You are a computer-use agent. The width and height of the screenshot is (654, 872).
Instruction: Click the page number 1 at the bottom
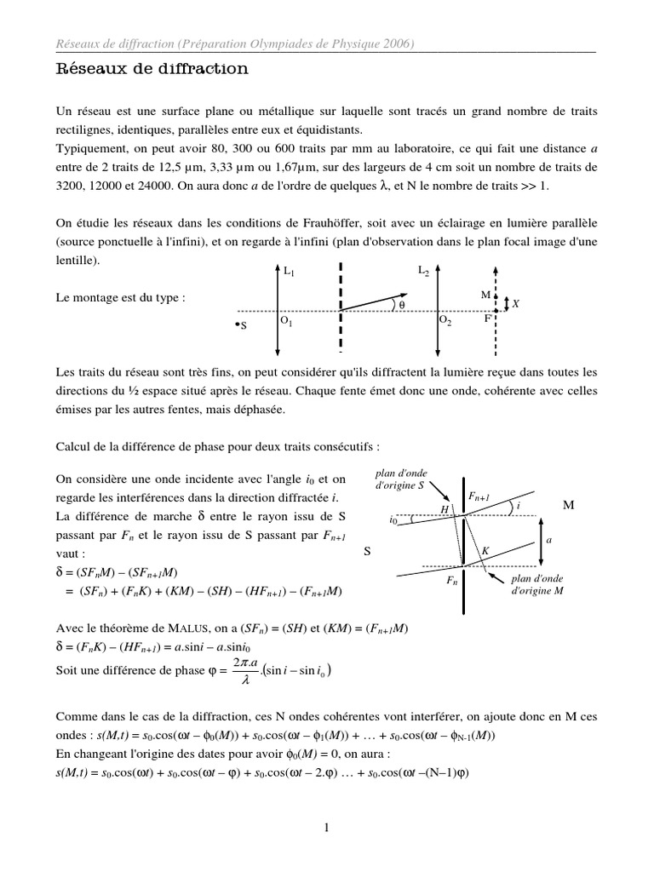point(326,826)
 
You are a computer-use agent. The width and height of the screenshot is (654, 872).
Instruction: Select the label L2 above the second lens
point(424,271)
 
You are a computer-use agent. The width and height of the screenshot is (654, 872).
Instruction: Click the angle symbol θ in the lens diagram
point(402,304)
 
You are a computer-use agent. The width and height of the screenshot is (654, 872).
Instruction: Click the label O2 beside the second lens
point(445,321)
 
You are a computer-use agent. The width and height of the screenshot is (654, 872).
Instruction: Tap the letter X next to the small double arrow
point(516,302)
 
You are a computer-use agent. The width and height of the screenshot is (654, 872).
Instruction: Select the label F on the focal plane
point(487,318)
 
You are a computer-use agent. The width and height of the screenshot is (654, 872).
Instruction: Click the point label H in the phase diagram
point(444,508)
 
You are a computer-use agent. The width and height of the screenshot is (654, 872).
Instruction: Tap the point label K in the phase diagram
point(485,551)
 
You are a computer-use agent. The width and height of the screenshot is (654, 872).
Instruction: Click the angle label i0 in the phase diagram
point(393,519)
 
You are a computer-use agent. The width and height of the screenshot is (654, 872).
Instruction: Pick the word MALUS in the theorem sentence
point(165,628)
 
